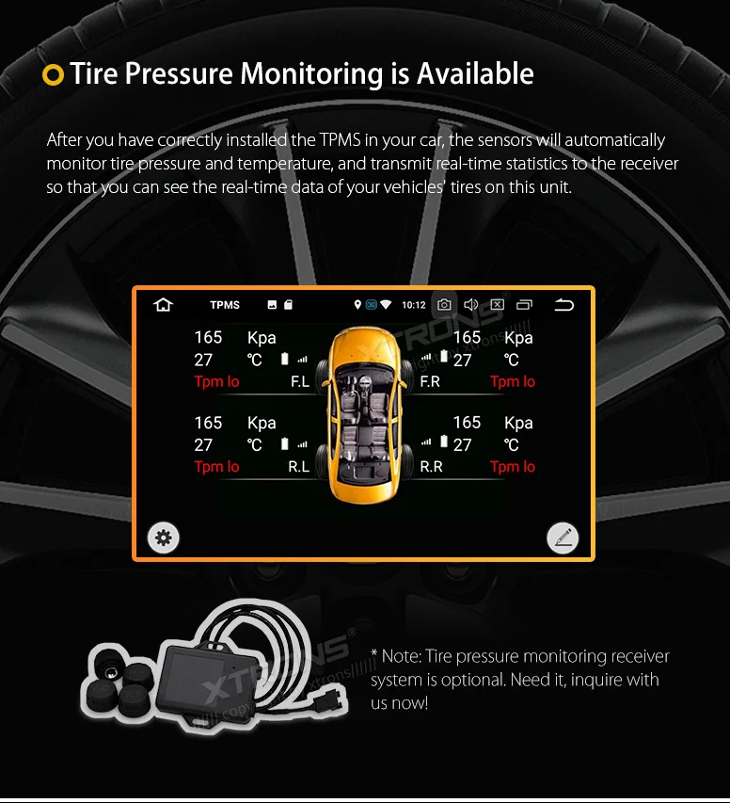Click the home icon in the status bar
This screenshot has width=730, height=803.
coord(164,304)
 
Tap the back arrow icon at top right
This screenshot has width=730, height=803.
coord(563,304)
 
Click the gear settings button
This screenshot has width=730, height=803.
coord(164,538)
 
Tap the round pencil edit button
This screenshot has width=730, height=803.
coord(563,538)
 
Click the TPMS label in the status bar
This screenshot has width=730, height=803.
coord(225,305)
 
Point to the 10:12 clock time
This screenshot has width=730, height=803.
coord(414,305)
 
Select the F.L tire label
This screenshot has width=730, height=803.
coord(299,381)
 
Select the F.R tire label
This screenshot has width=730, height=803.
coord(430,381)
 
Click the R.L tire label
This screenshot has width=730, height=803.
coord(299,466)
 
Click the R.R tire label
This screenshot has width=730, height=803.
coord(431,466)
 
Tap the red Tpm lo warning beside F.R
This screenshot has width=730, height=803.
coord(513,381)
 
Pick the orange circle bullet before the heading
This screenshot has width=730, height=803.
coord(54,74)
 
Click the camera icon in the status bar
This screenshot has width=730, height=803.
coord(444,304)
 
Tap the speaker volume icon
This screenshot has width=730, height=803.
coord(471,304)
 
